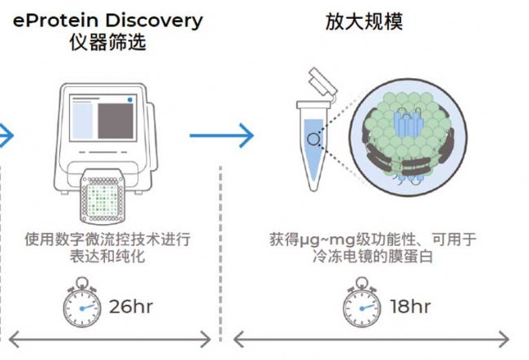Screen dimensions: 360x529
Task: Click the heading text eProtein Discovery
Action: pyautogui.click(x=107, y=20)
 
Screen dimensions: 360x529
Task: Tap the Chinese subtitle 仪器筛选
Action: pyautogui.click(x=107, y=42)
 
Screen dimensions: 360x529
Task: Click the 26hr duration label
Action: pyautogui.click(x=131, y=307)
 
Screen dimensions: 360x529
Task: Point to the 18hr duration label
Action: pyautogui.click(x=409, y=307)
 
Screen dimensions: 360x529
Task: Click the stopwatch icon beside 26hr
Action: pyautogui.click(x=84, y=304)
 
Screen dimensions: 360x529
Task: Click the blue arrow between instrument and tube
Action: pyautogui.click(x=221, y=134)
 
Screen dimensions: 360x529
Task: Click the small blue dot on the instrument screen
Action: pyautogui.click(x=129, y=99)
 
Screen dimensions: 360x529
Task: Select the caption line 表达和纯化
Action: pyautogui.click(x=107, y=258)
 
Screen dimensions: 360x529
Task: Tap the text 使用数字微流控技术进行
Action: pyautogui.click(x=107, y=240)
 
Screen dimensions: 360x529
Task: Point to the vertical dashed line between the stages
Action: pyautogui.click(x=221, y=244)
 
